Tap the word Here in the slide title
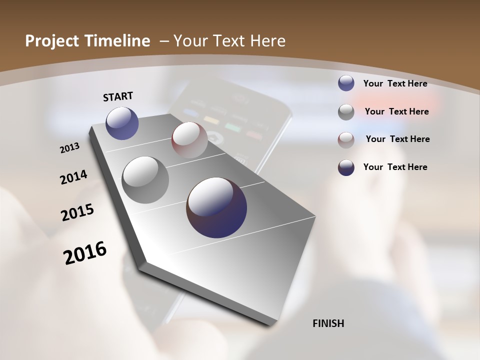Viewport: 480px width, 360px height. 267,41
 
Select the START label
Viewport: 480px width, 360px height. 118,96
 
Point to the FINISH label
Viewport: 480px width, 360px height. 328,323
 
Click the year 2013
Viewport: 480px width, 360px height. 70,148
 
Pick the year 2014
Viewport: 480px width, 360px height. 73,177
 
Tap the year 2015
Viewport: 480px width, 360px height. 77,212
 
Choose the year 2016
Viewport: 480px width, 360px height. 85,253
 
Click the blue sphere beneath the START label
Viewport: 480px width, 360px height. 122,123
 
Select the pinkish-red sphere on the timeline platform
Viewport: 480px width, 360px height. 189,139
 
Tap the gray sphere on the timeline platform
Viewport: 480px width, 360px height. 145,180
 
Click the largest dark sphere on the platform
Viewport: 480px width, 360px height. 216,207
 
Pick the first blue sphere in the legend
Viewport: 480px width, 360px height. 346,83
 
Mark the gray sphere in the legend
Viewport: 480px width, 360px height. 346,112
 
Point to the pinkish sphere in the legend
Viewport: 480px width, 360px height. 346,140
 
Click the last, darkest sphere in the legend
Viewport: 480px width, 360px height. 346,167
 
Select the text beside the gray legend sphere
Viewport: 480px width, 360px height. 396,111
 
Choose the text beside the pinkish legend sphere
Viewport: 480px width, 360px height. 397,139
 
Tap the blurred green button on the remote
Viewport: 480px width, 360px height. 233,126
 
